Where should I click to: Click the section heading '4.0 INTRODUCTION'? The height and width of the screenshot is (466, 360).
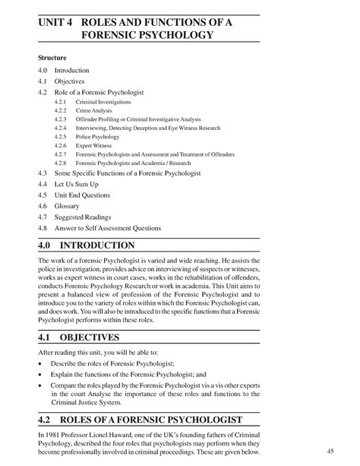pos(87,246)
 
